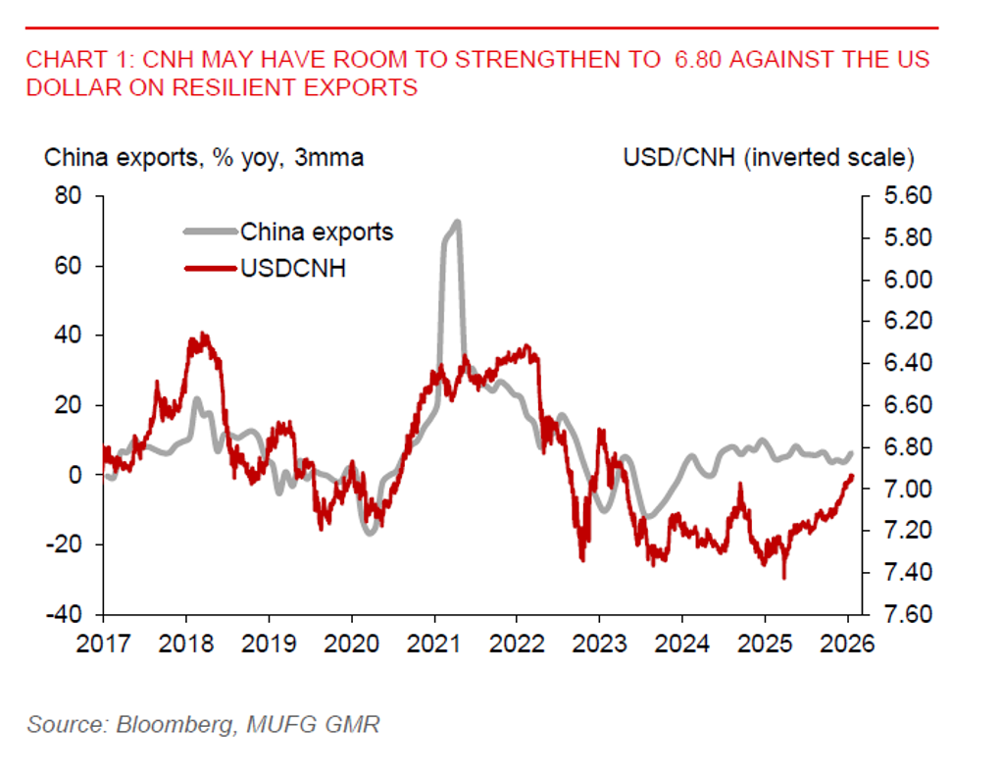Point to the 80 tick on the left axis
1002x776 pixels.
68,196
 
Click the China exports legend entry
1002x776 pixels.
317,233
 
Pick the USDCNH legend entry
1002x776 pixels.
293,267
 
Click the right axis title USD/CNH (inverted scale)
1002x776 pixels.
769,157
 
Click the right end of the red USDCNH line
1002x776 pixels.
852,476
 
